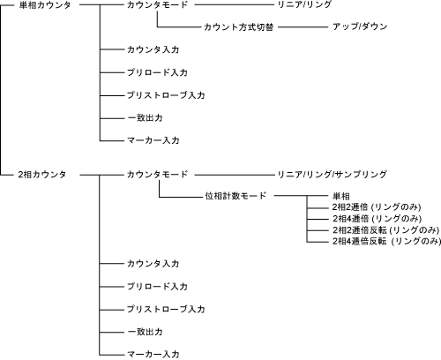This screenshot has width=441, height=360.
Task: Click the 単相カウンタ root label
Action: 45,5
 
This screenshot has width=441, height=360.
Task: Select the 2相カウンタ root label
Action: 42,175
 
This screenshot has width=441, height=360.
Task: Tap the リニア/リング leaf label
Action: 304,4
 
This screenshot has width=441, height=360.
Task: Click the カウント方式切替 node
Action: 239,27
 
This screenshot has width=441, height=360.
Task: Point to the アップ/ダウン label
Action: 360,26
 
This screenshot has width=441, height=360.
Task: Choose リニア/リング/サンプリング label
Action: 333,175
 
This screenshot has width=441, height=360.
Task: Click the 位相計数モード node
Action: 235,196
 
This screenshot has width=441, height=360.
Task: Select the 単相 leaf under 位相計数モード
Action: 341,196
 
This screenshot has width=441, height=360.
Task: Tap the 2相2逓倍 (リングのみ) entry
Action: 377,207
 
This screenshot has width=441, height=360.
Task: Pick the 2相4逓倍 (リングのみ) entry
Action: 377,219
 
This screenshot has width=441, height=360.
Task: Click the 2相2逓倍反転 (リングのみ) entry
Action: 385,229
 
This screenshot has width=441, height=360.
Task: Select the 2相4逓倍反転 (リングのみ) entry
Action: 386,241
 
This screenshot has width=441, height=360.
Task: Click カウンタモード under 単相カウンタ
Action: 157,5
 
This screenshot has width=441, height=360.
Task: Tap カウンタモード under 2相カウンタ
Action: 157,175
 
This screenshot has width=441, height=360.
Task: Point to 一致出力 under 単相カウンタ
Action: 145,118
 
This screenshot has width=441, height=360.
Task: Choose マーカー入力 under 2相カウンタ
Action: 153,354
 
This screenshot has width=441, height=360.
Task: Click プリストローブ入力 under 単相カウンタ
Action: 166,95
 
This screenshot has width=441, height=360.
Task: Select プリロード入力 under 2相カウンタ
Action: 157,287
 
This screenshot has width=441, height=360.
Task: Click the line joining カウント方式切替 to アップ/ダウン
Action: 303,27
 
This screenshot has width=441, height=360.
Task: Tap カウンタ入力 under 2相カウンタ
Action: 153,264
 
